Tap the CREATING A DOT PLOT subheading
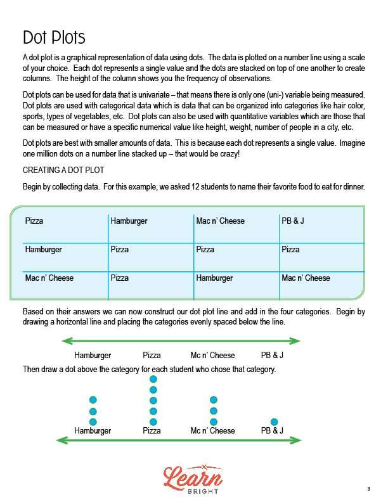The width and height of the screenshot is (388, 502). [63, 171]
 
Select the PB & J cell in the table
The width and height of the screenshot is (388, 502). [293, 221]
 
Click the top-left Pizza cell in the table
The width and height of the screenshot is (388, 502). [35, 221]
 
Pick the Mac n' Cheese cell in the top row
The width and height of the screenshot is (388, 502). [220, 221]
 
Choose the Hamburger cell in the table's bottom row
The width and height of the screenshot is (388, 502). [214, 278]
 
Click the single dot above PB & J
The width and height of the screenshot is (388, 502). [274, 422]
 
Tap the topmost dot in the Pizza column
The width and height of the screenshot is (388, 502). [153, 379]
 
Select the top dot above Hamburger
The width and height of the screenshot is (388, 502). [93, 400]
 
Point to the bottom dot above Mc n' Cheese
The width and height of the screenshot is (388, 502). [214, 422]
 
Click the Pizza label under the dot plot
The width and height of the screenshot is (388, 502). [152, 431]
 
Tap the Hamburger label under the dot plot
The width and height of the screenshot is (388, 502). [93, 431]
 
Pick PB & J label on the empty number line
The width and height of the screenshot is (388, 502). [272, 356]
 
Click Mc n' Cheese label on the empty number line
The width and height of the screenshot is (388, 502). [213, 356]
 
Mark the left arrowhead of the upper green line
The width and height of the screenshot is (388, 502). [63, 341]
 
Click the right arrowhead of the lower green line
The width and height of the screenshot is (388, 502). [298, 440]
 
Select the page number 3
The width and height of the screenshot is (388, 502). [368, 489]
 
